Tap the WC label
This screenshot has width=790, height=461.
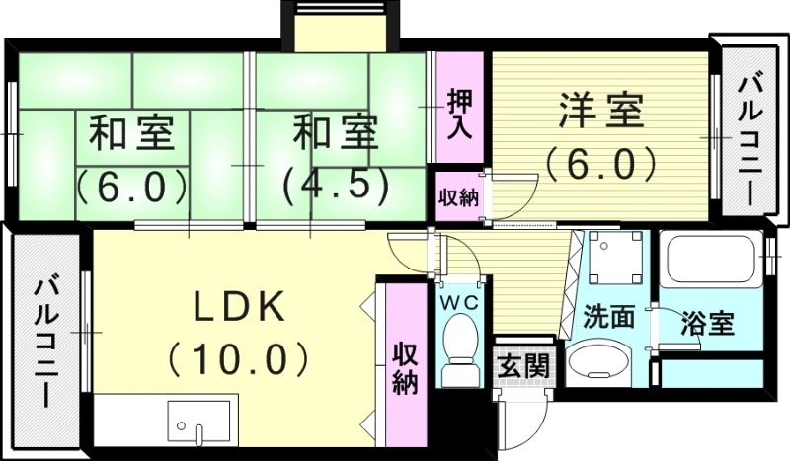[x=459, y=302]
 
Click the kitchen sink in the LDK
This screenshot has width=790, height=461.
[x=201, y=423]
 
